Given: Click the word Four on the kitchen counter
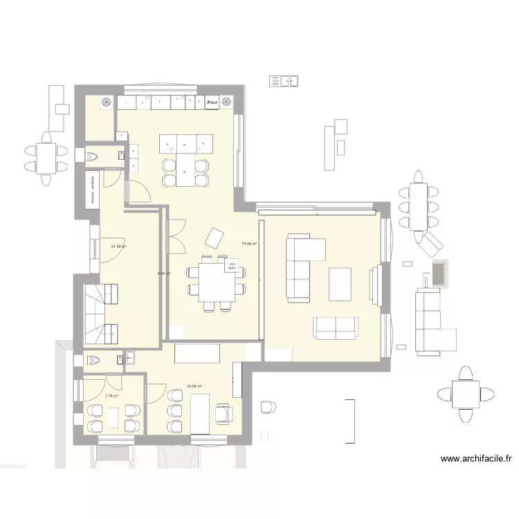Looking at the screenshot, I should [x=212, y=103].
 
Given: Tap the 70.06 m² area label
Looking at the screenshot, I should [x=249, y=244].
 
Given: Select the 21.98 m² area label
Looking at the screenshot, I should [x=119, y=246].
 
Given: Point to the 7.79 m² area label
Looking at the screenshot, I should [x=111, y=396].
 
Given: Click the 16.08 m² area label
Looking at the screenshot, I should [x=194, y=387].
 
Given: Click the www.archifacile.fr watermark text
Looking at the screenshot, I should [x=475, y=458].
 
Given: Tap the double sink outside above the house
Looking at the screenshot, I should [x=284, y=81].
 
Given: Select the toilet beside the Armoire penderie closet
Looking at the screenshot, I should [x=92, y=158].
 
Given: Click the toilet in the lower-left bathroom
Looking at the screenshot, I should [x=93, y=360].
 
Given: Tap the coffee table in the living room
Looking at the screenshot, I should [x=340, y=284].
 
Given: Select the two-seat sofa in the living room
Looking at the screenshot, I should [x=336, y=328].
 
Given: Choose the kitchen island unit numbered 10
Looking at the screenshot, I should [x=184, y=145].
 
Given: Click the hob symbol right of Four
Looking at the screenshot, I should [x=228, y=103].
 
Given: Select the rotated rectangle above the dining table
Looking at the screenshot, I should [x=214, y=239].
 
